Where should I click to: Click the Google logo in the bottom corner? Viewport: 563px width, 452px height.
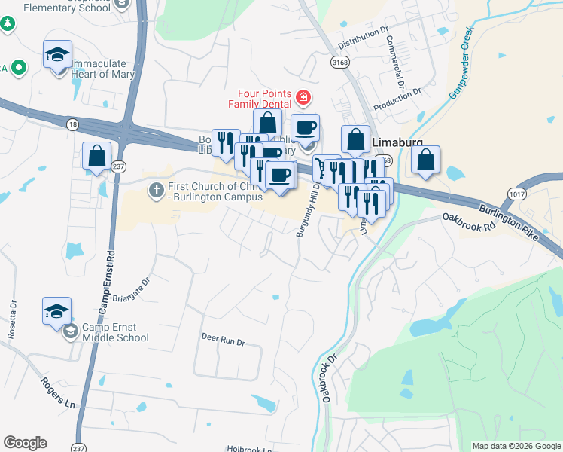click(25, 443)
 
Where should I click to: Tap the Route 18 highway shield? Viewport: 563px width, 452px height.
click(72, 123)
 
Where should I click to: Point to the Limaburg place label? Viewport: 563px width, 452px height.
click(397, 142)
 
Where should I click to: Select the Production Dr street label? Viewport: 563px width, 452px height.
click(397, 100)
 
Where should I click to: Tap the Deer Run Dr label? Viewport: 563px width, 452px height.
click(223, 341)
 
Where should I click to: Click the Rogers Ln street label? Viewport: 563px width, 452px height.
click(58, 392)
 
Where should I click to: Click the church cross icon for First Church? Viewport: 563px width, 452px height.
click(156, 188)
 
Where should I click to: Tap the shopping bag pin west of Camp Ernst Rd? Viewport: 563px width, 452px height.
click(96, 157)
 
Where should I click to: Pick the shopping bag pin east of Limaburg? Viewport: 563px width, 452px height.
click(426, 160)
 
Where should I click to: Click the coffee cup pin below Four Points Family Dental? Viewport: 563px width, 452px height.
click(305, 128)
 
